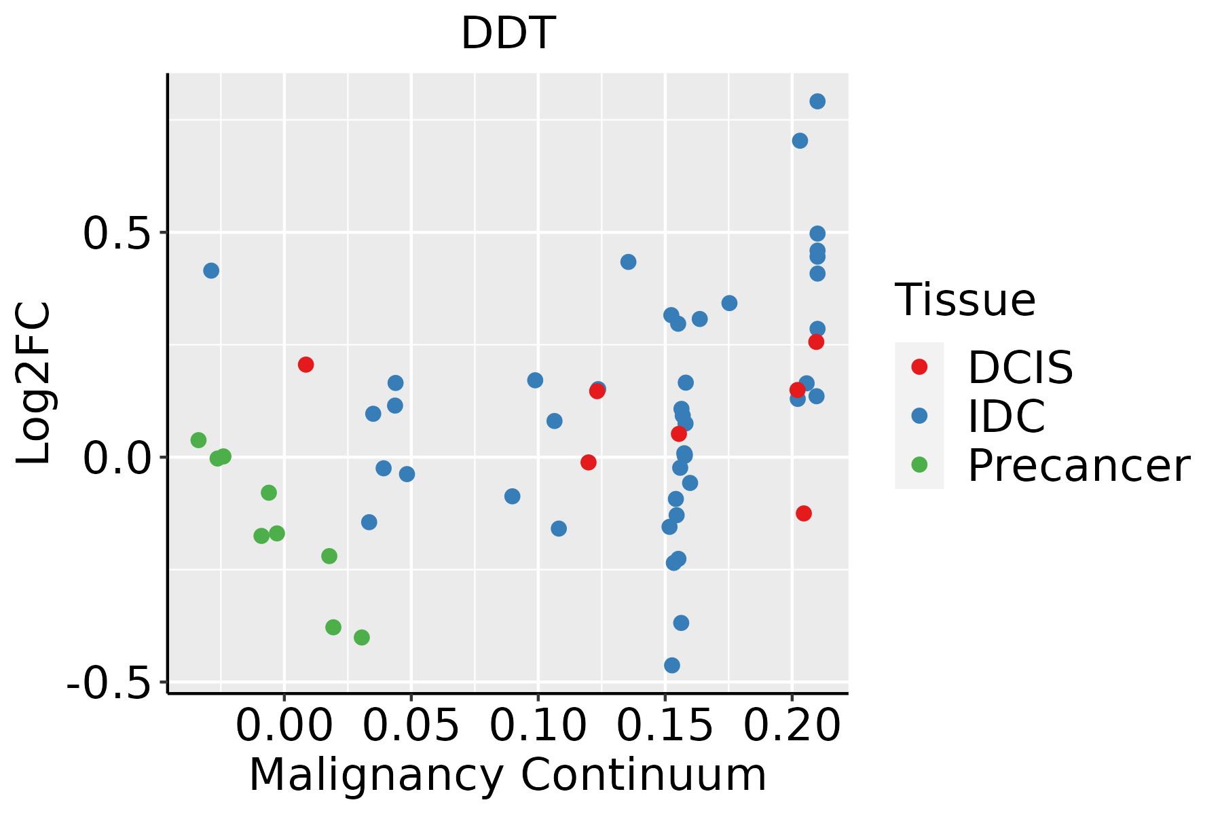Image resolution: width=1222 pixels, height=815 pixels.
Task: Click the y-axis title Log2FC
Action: tap(34, 384)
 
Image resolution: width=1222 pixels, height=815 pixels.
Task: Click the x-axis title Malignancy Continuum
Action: tap(508, 775)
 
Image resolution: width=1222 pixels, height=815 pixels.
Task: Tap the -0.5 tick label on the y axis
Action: tap(107, 683)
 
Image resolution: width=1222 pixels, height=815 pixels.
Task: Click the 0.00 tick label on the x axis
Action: tap(284, 726)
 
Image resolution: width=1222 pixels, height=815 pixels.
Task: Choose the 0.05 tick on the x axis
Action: tap(411, 726)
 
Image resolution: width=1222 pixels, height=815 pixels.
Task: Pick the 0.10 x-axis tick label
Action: tap(538, 726)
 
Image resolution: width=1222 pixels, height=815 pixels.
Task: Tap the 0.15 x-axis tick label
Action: tap(665, 726)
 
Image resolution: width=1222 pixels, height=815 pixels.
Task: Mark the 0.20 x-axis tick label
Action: tap(792, 726)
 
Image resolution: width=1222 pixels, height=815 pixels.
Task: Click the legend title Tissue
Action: tap(965, 300)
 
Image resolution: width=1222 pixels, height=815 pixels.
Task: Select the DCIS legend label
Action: tap(1020, 367)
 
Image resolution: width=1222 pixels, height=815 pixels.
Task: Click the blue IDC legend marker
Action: tap(919, 416)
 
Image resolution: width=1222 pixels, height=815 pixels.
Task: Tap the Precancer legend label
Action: tap(1078, 466)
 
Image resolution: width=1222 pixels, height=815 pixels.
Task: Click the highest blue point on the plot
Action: tap(817, 101)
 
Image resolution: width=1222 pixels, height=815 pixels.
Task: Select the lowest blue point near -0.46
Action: tap(672, 665)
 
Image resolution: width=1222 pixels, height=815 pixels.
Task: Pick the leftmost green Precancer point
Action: tap(198, 440)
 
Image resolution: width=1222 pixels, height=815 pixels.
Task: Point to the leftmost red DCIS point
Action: tap(305, 365)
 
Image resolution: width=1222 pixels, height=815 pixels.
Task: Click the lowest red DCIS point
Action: tap(804, 513)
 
